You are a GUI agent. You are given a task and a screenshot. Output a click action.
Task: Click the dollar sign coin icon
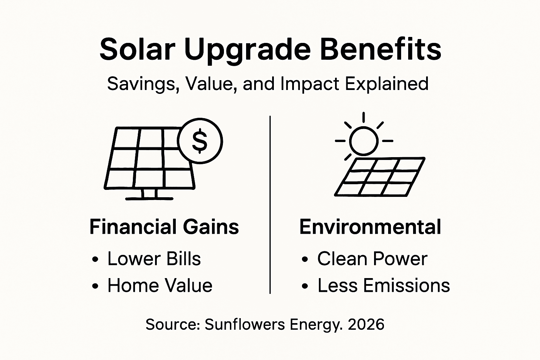[200, 141]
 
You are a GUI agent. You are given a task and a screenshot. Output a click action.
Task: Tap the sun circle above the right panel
[364, 141]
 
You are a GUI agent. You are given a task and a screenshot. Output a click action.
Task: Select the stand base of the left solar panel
[149, 198]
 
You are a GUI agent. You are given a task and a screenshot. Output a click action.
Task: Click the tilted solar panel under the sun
[379, 177]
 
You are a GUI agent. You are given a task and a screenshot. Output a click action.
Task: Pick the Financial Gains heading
[164, 227]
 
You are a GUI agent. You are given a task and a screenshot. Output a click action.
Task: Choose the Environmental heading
[370, 227]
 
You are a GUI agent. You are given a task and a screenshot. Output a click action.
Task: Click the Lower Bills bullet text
[154, 259]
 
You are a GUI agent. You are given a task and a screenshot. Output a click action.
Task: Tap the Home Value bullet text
[160, 285]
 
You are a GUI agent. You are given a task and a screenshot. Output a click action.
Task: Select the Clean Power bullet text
[372, 259]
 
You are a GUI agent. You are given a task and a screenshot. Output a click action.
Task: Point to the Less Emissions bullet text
[384, 285]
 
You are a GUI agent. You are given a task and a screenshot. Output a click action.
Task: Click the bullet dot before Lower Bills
[95, 260]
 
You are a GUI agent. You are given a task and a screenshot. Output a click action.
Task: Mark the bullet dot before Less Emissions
[305, 287]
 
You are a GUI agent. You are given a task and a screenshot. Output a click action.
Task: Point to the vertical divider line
[270, 204]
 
